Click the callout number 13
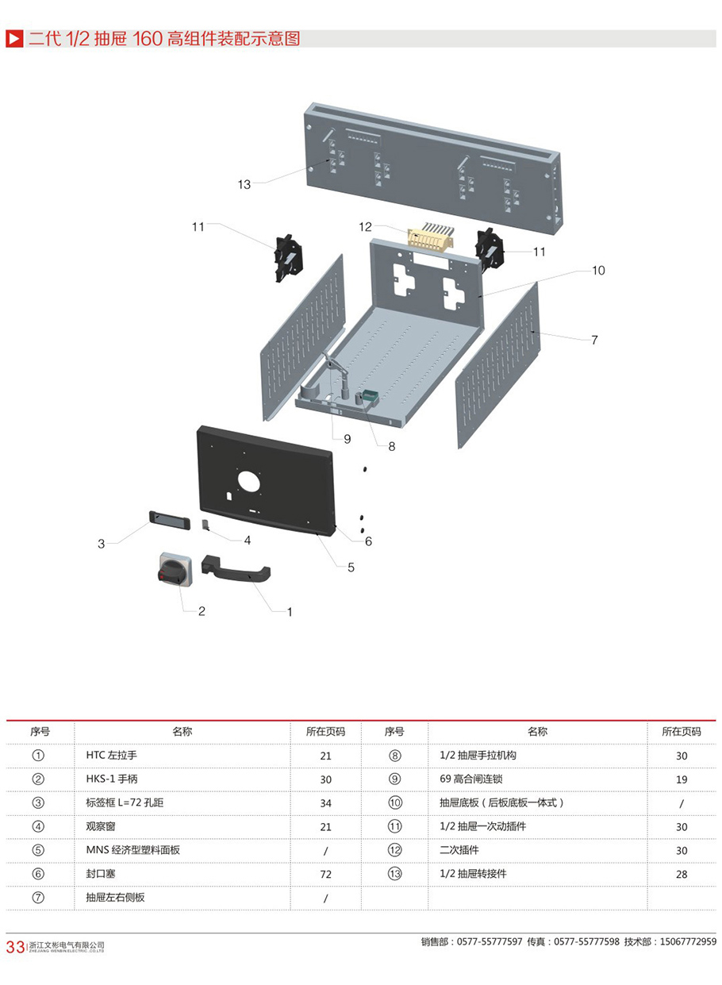click(244, 184)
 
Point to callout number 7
click(594, 340)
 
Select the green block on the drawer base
click(369, 396)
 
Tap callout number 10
click(598, 271)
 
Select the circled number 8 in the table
click(395, 756)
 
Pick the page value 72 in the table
click(325, 874)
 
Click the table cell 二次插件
click(459, 850)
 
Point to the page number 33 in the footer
click(15, 947)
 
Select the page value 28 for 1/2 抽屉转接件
click(682, 874)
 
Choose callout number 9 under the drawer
click(348, 438)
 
